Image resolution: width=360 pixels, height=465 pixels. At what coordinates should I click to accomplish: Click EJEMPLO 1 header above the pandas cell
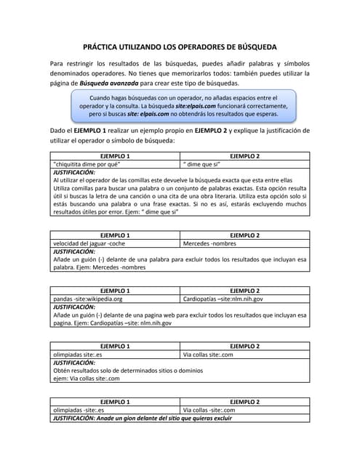pyautogui.click(x=115, y=290)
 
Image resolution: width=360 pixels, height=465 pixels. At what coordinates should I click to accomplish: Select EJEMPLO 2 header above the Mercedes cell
pyautogui.click(x=244, y=235)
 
